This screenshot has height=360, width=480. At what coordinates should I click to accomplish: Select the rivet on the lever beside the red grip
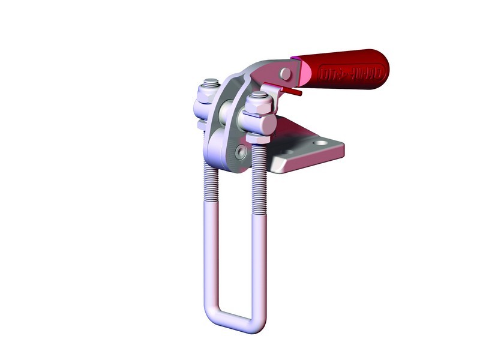tap(286, 74)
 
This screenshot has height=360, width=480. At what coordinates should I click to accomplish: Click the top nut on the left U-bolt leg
tap(210, 85)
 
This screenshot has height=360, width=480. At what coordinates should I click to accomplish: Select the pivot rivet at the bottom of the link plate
tap(241, 152)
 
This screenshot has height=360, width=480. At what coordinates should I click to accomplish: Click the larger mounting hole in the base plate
tap(321, 145)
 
